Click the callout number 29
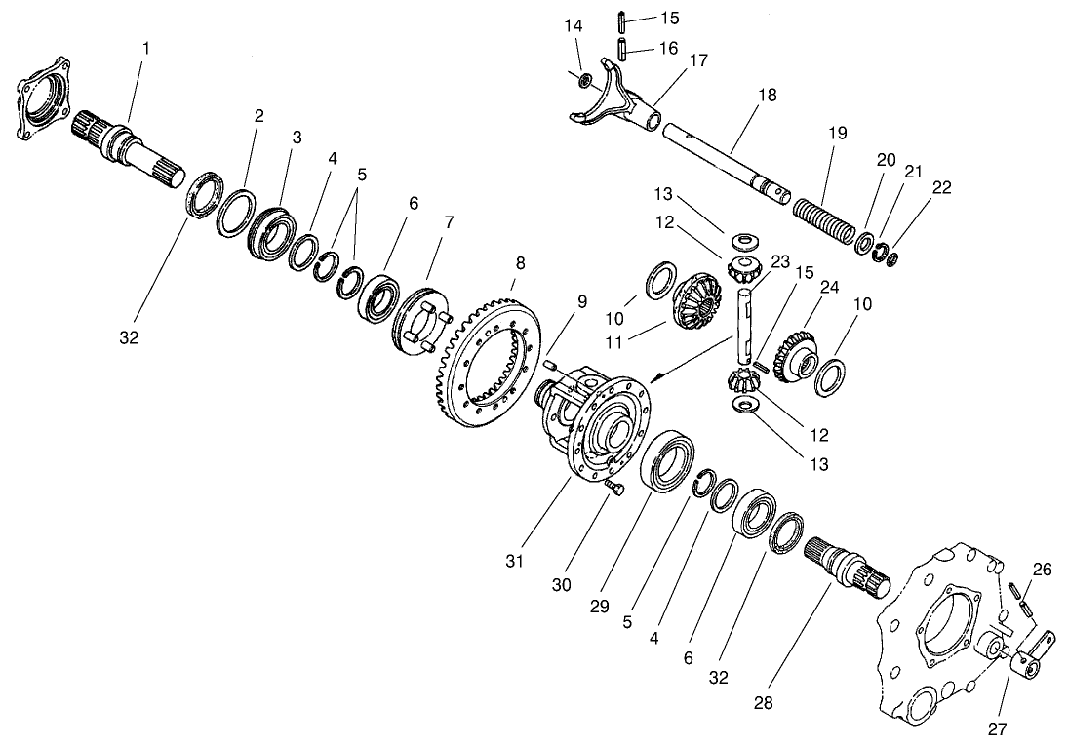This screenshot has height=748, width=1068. pos(599,606)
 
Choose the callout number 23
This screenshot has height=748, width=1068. pos(779,261)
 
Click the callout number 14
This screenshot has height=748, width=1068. pos(574,26)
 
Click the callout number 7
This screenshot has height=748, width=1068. pos(448,221)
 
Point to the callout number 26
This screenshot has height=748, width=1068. pos(1043,570)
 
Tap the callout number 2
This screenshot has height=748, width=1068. pos(259,116)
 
